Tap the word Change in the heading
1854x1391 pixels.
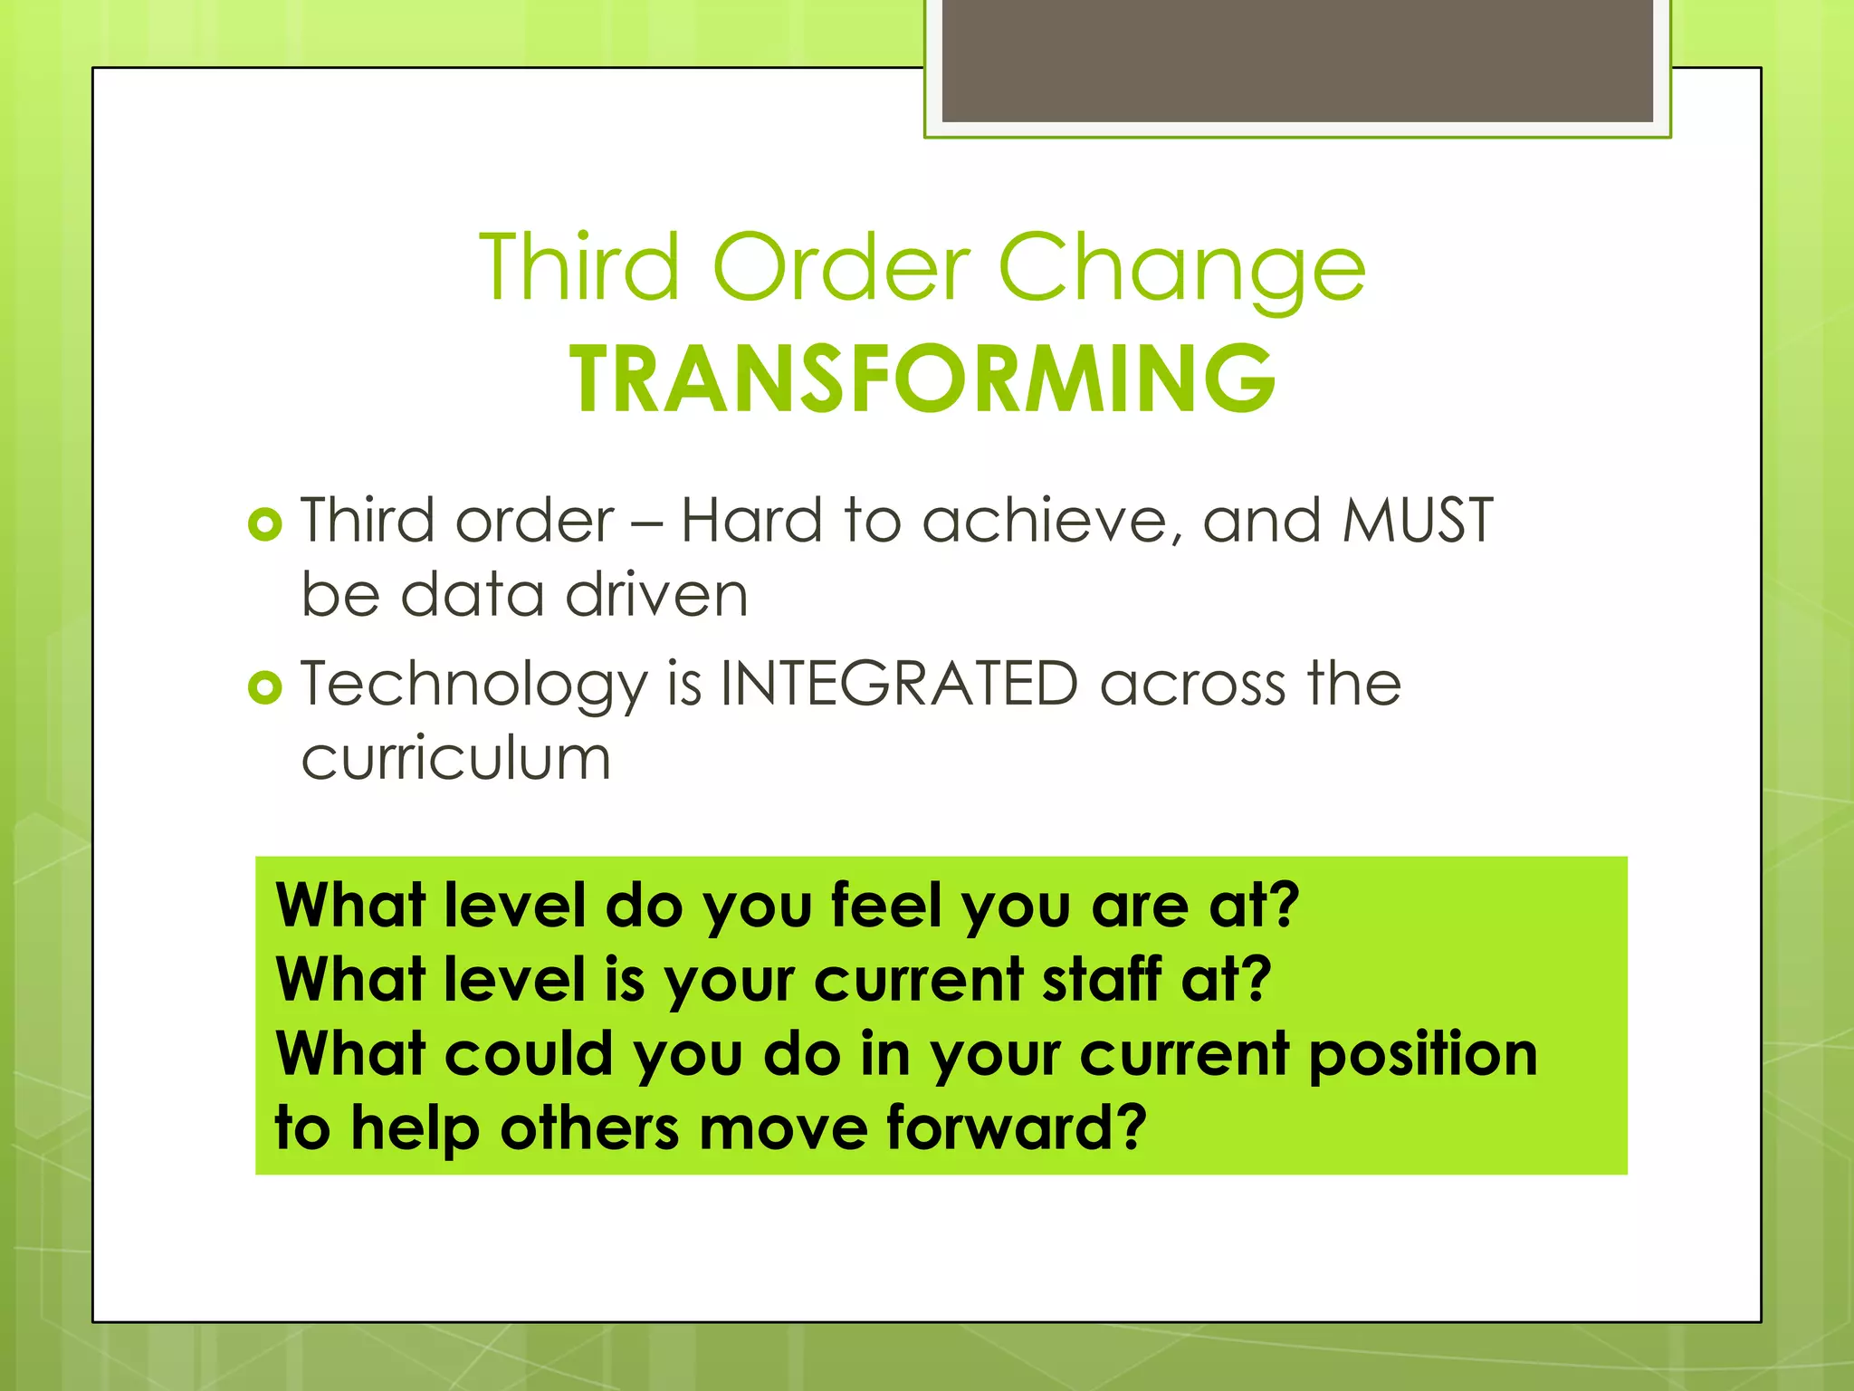(1181, 268)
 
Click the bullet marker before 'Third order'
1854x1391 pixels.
(264, 524)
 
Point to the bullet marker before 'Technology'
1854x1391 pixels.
(264, 688)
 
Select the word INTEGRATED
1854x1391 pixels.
(899, 684)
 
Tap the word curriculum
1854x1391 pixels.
(456, 758)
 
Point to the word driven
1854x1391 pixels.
(657, 595)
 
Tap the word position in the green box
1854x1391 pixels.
(1422, 1055)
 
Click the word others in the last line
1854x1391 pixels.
(589, 1127)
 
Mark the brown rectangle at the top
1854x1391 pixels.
(1297, 60)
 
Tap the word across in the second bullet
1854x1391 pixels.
(1192, 684)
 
